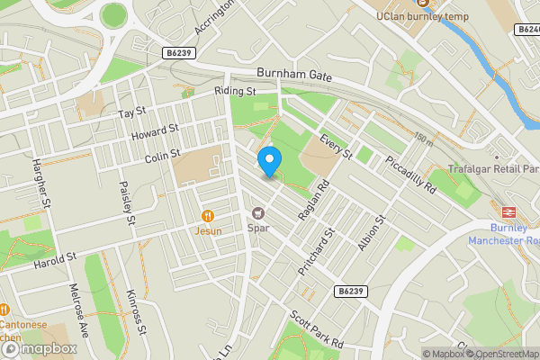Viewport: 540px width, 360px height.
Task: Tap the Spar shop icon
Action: (x=258, y=213)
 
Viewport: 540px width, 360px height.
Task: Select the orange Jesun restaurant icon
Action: (x=207, y=216)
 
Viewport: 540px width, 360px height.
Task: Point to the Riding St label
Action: (x=235, y=91)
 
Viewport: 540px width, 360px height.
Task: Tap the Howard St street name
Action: (x=149, y=134)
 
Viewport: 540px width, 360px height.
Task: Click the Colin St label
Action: (x=163, y=157)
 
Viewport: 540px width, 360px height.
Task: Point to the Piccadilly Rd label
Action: (x=409, y=175)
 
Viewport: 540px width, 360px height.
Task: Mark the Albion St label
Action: (x=372, y=232)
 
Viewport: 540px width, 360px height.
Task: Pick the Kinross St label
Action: (x=136, y=310)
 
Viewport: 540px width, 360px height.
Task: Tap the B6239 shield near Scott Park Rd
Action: (x=353, y=291)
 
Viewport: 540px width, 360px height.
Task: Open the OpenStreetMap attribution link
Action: (x=500, y=354)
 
